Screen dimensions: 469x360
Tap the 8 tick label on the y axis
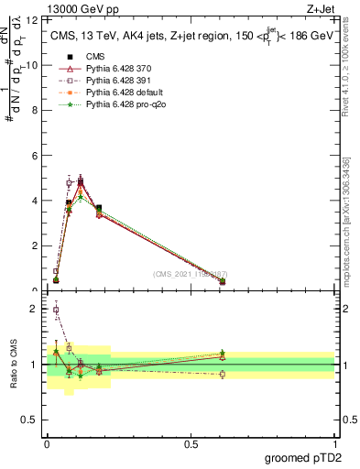click(x=35, y=110)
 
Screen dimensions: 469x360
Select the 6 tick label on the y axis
click(x=35, y=156)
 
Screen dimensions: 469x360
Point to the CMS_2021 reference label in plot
click(x=190, y=274)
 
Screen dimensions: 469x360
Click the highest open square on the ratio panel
click(x=56, y=310)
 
